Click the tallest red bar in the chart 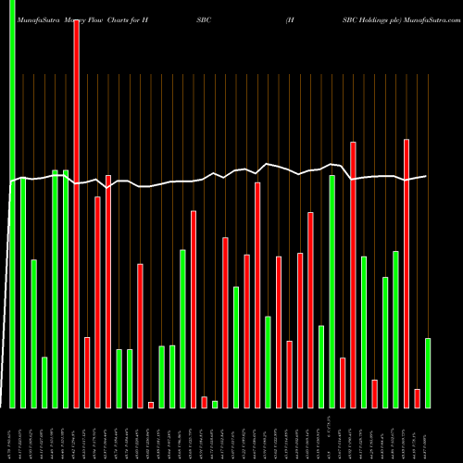click(76, 213)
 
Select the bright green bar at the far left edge click(12, 204)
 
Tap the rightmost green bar click(428, 372)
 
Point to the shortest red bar click(151, 405)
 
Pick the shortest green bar click(215, 404)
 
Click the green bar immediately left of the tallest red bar click(66, 288)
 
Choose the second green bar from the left click(23, 293)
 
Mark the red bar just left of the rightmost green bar click(417, 397)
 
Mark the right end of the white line click(427, 176)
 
